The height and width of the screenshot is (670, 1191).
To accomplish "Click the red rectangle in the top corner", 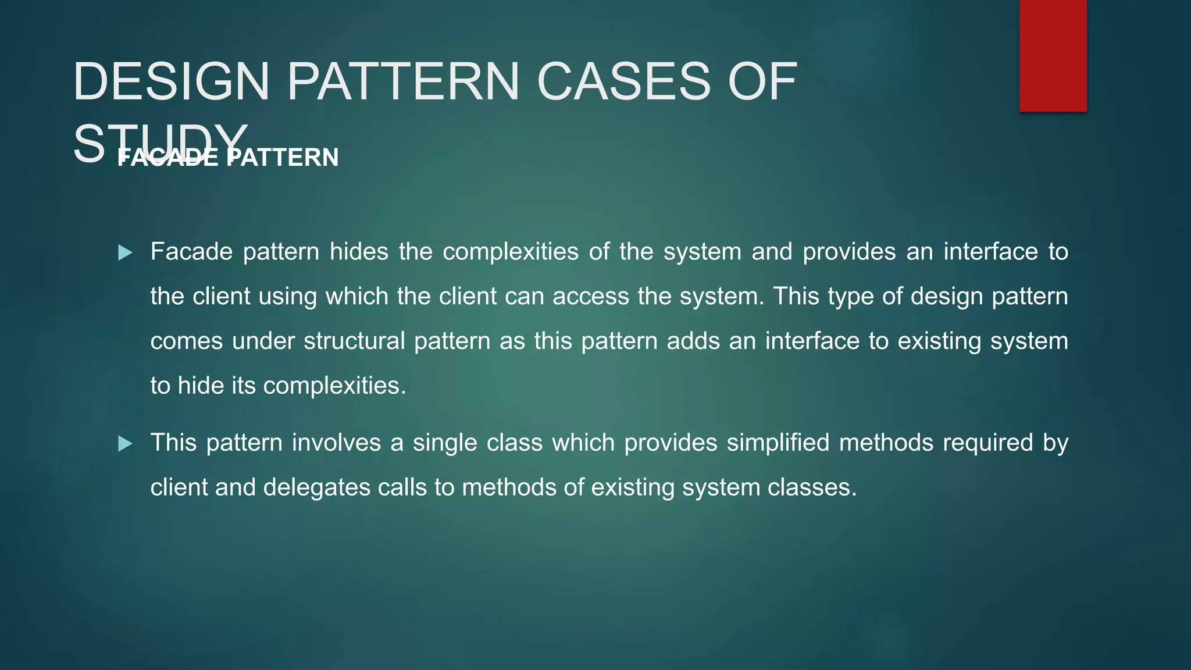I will (1053, 56).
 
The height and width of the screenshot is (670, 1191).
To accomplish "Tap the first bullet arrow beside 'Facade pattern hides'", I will (125, 253).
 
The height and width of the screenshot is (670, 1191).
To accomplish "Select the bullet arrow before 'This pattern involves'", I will (125, 444).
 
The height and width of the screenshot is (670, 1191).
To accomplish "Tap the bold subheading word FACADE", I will (167, 158).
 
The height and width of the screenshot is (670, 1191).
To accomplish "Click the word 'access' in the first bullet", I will (591, 297).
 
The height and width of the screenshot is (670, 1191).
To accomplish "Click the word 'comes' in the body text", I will (186, 341).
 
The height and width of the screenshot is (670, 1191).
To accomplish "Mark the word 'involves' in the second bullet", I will (336, 443).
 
